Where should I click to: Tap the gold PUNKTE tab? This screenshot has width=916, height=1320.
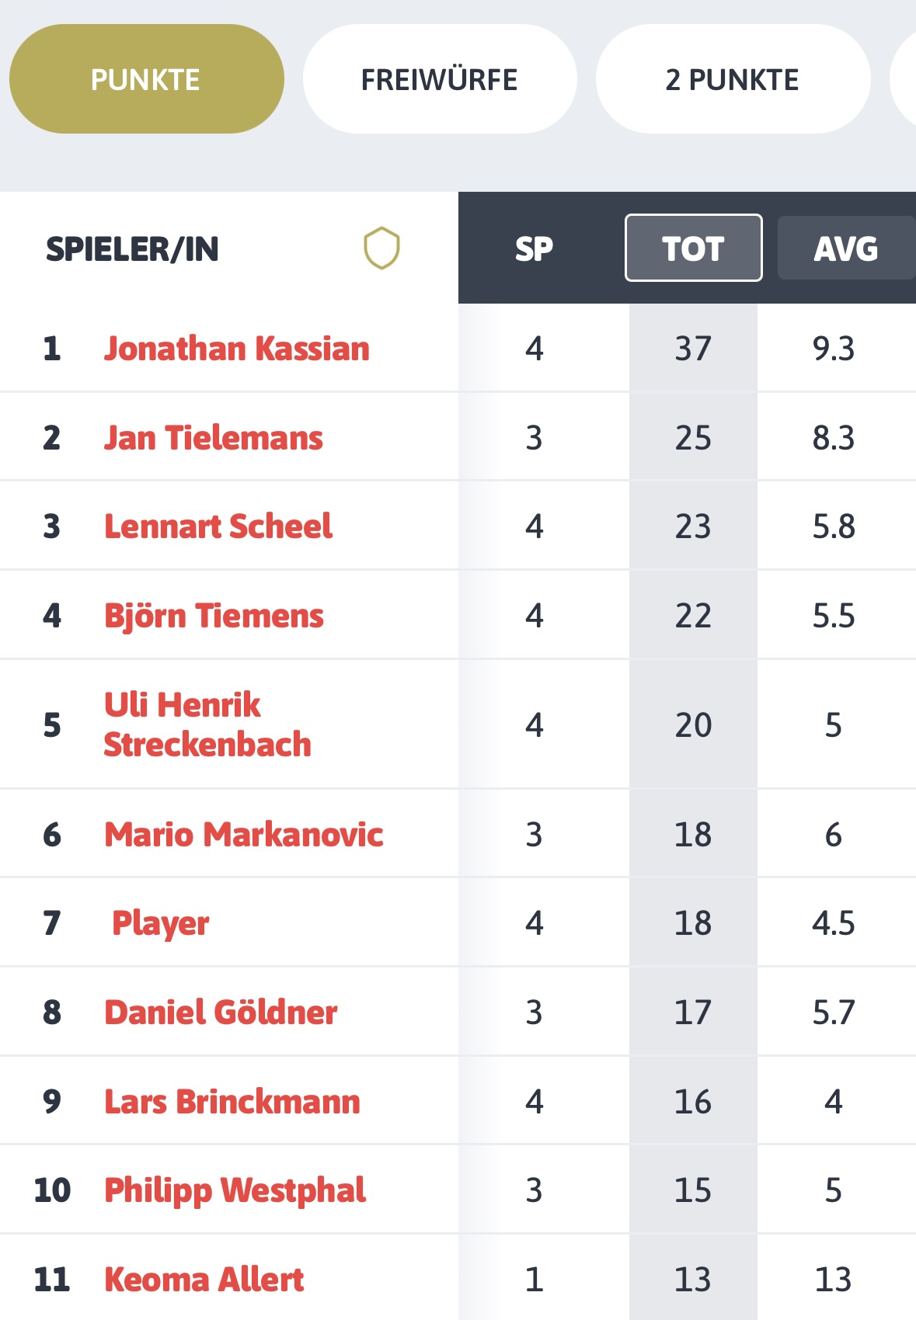point(146,79)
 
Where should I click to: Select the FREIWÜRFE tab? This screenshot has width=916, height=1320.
point(439,79)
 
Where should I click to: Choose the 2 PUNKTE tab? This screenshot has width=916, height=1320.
point(732,79)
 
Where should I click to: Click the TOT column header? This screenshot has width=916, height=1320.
point(693,248)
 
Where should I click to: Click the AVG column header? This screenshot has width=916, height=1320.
point(845,248)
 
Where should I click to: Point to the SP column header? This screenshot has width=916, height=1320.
point(534,248)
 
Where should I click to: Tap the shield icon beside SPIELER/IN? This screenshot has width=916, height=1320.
point(381,248)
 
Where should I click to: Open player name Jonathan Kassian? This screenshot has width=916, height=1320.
point(237,349)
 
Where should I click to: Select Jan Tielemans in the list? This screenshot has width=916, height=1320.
point(214,438)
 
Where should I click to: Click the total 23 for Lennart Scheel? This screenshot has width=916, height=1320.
point(693,526)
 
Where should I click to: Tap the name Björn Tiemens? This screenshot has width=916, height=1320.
point(214,616)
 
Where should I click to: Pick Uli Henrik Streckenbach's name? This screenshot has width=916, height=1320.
point(207,724)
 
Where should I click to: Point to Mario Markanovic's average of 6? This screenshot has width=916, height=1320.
point(833,835)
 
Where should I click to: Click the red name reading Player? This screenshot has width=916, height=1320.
point(161,923)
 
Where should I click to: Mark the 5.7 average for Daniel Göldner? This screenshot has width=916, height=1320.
point(833,1013)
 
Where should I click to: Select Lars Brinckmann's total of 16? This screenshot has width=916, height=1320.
point(693,1102)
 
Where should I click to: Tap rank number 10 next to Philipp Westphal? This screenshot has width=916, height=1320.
point(52,1190)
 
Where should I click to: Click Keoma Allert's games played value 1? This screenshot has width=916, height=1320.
point(534,1280)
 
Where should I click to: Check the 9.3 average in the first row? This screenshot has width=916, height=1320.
point(833,349)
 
